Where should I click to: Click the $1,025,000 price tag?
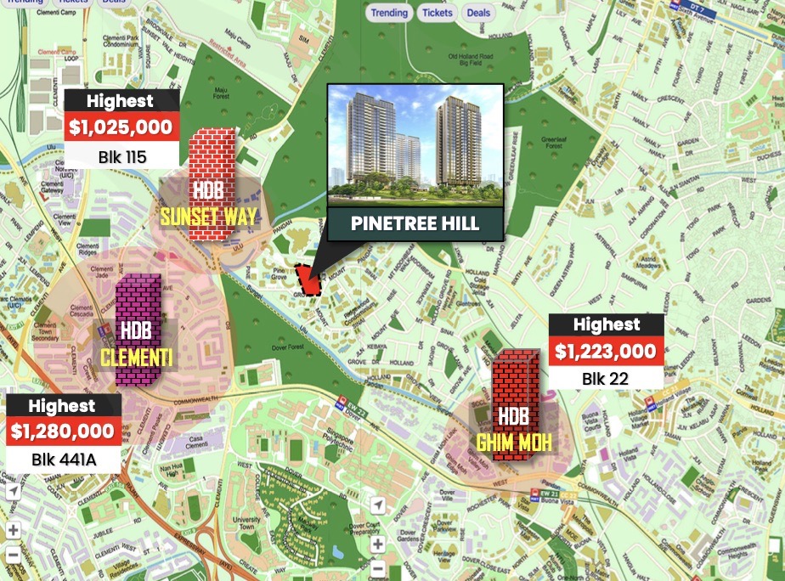[122, 128]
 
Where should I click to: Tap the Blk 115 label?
[122, 156]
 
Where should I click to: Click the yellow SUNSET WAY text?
[208, 217]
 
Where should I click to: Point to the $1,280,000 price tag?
[62, 432]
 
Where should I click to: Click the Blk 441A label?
[62, 460]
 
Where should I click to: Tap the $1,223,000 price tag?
[606, 351]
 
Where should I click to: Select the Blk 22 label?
[606, 379]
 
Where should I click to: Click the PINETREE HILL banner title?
[416, 224]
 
